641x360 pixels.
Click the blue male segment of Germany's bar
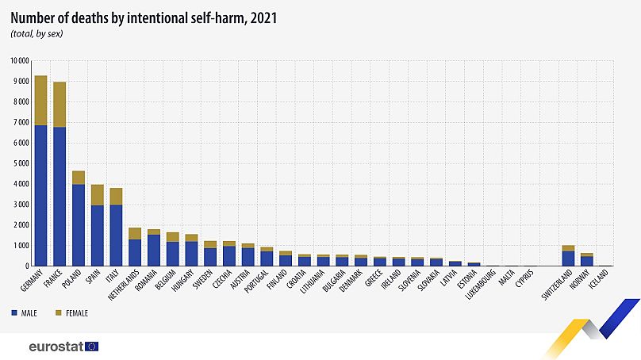(41, 195)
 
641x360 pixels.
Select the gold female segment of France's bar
(59, 105)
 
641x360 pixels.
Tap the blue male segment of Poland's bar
(79, 225)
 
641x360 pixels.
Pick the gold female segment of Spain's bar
(98, 195)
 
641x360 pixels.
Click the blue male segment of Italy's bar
(116, 236)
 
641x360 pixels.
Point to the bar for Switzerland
(568, 256)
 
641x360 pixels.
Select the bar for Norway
(587, 259)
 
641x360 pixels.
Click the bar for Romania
(154, 247)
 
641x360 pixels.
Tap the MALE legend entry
(24, 313)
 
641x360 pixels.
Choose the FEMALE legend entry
(71, 313)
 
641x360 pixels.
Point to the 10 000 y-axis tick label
(20, 61)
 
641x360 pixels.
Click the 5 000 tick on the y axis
(21, 163)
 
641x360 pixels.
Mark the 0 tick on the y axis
(27, 266)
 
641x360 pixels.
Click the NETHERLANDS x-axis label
(124, 285)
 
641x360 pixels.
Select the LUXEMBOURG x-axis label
(481, 285)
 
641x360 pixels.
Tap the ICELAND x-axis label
(598, 279)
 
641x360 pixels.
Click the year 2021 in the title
(263, 18)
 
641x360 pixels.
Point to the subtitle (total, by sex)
(36, 34)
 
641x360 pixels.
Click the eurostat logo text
(56, 347)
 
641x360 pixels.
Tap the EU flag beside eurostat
(91, 347)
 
